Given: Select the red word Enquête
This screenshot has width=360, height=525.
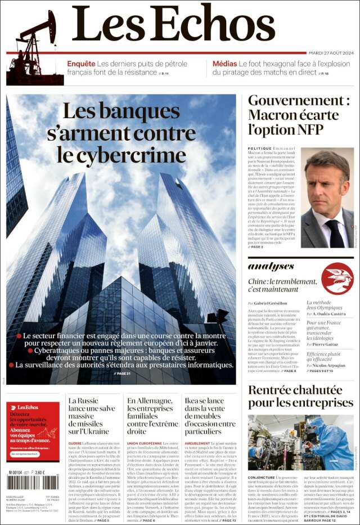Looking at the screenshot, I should pyautogui.click(x=81, y=64).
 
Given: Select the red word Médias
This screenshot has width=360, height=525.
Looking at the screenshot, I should pyautogui.click(x=224, y=64).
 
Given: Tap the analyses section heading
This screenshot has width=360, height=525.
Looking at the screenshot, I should pyautogui.click(x=271, y=266).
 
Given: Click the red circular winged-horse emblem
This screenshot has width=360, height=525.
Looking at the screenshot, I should pyautogui.click(x=337, y=278).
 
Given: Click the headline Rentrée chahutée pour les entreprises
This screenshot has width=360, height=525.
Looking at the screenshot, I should pyautogui.click(x=300, y=397).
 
